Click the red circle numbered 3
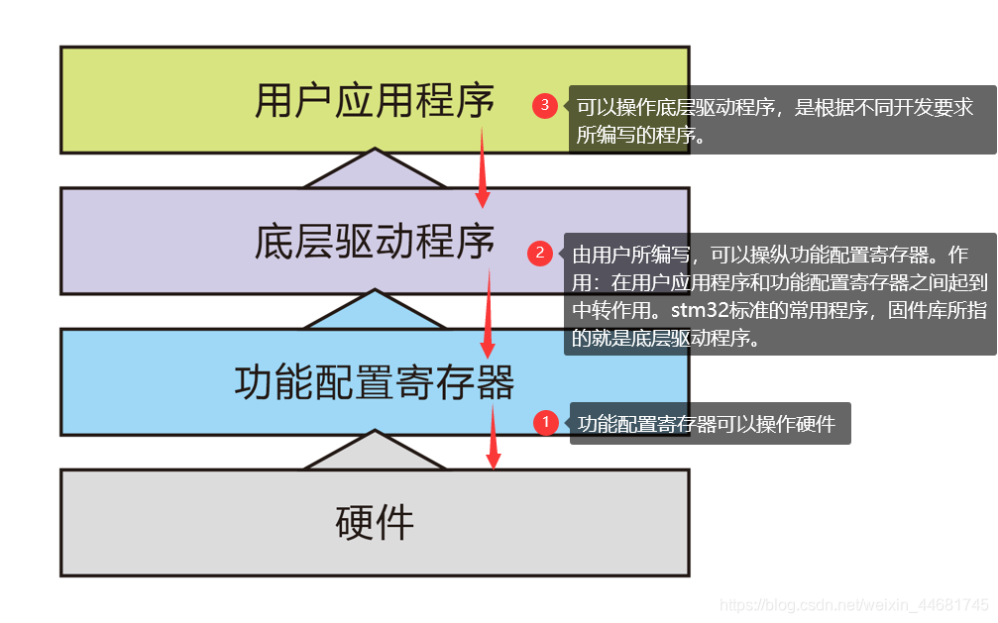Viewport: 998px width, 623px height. (x=545, y=106)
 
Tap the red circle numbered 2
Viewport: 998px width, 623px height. (x=539, y=254)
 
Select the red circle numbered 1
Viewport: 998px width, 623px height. (x=545, y=423)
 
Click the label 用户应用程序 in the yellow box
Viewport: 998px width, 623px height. (x=375, y=101)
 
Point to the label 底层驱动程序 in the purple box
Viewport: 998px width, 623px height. (x=375, y=242)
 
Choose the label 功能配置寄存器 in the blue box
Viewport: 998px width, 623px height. (x=375, y=382)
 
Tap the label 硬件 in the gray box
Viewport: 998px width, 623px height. (x=375, y=522)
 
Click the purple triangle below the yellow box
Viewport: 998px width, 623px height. (x=375, y=170)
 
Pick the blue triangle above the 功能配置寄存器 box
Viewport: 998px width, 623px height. (x=375, y=311)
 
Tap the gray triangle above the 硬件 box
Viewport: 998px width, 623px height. (x=375, y=452)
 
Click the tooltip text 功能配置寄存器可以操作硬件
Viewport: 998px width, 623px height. (x=707, y=424)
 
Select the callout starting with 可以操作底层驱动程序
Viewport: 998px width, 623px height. (x=774, y=121)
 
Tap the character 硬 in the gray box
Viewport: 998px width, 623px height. (x=355, y=522)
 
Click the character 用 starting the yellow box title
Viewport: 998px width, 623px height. (x=275, y=101)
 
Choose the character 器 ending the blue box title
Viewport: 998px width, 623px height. (x=495, y=382)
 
